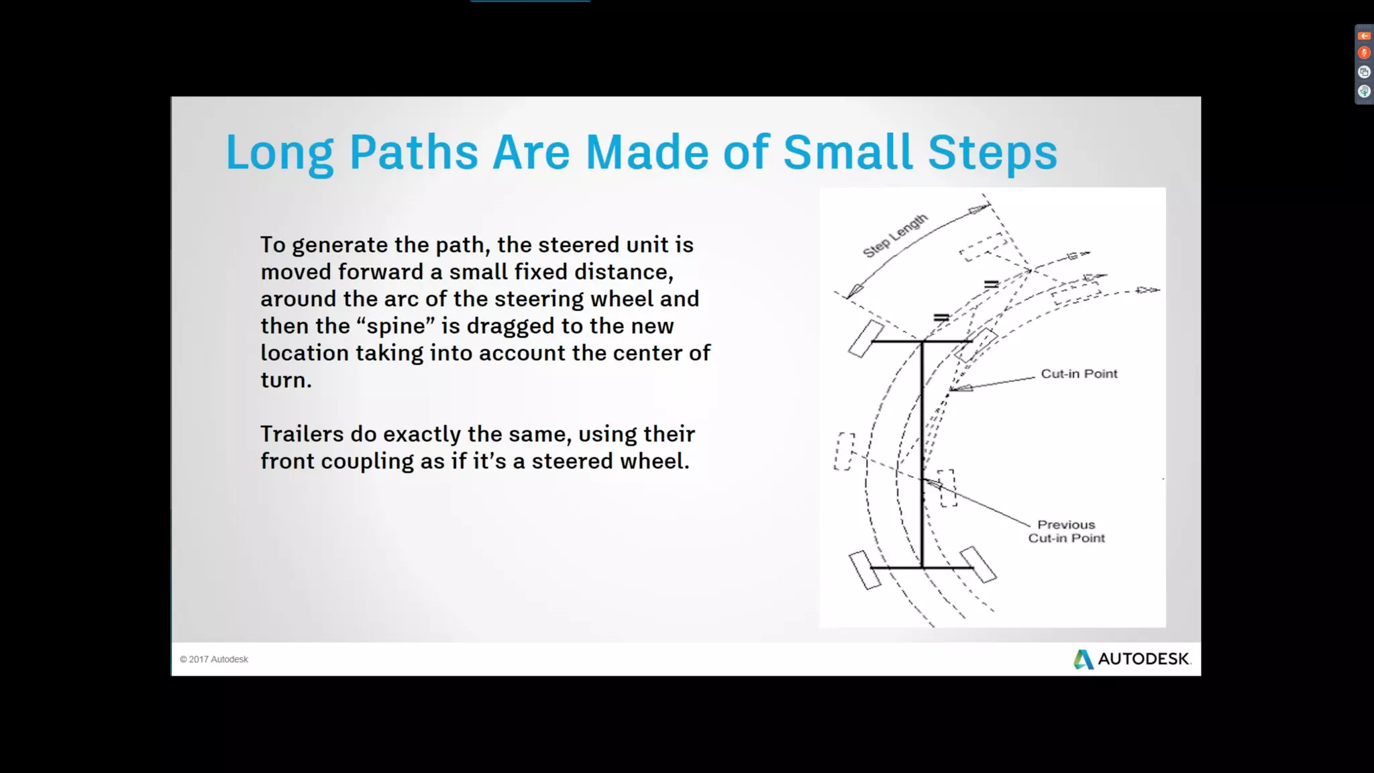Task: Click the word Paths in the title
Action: point(413,152)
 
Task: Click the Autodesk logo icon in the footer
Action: point(1083,659)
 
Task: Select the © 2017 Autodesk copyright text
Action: point(214,660)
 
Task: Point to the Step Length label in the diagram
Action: point(895,236)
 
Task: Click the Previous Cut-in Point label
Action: point(1066,531)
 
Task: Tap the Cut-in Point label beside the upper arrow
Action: point(1079,374)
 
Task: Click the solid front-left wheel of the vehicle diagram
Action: point(866,338)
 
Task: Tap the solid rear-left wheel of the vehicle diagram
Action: point(864,570)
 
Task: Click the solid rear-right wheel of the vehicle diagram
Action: point(978,564)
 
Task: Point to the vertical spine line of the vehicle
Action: point(922,456)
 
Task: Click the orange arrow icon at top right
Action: point(1364,36)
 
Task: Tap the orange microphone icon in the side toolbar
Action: point(1364,53)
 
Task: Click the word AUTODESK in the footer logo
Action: point(1143,659)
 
